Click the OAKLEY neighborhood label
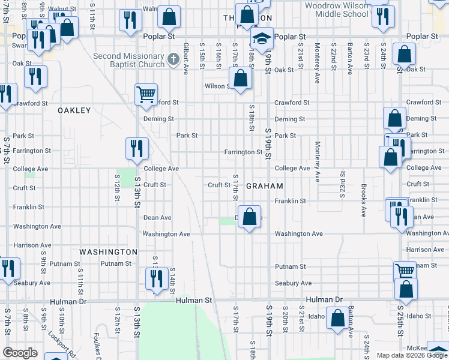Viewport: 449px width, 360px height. click(74, 110)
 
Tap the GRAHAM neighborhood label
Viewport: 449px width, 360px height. click(265, 186)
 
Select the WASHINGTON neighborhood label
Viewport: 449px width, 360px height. click(108, 252)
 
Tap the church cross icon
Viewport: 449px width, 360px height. click(173, 59)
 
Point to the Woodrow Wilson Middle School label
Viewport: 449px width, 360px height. click(336, 9)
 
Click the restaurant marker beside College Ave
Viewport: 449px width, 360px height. click(137, 148)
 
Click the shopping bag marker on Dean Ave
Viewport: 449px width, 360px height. click(250, 217)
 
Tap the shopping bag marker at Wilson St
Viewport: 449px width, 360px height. click(240, 79)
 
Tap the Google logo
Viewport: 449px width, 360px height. click(20, 353)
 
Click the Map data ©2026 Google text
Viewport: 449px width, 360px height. click(411, 355)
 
